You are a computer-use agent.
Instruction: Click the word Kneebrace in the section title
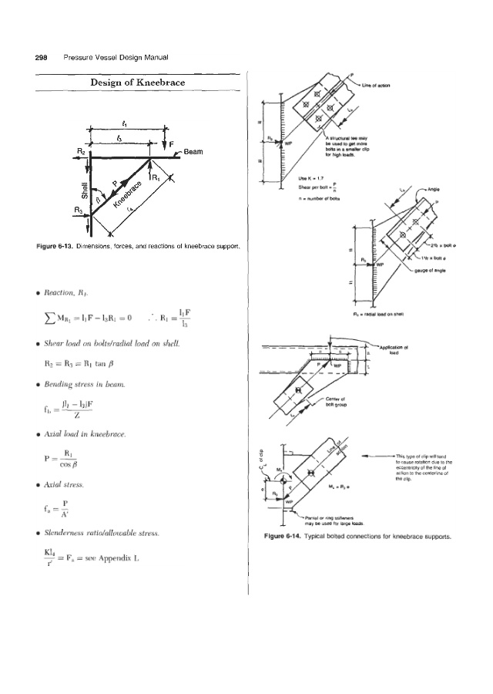163,83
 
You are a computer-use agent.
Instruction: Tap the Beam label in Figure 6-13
194,152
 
